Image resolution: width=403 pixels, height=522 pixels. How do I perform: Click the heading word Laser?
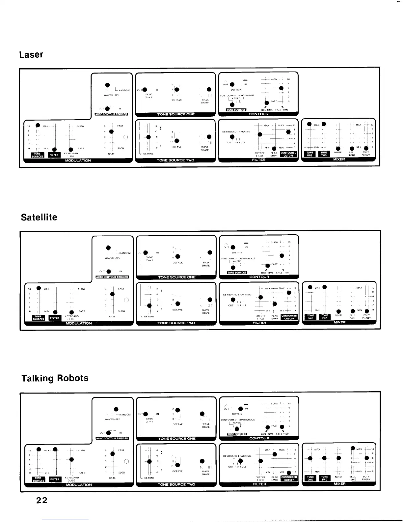point(31,55)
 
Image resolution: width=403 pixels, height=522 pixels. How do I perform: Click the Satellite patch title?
point(39,217)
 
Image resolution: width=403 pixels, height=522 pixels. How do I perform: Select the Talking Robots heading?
point(55,378)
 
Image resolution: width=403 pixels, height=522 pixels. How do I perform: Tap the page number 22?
point(42,500)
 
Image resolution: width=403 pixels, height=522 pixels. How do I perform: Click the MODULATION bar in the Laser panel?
point(78,160)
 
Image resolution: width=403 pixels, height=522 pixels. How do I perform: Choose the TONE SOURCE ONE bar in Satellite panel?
point(177,277)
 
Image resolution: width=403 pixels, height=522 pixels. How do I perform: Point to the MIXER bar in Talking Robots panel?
point(339,484)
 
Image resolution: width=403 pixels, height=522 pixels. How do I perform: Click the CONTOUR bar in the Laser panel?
point(258,114)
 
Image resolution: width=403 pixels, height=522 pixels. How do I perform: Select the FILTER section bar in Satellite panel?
point(259,323)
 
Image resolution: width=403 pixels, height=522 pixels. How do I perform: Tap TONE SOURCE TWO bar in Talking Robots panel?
point(176,484)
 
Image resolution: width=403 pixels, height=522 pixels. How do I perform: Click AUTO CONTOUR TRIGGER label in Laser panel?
point(111,114)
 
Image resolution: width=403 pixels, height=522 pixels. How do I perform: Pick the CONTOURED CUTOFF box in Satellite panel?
point(289,317)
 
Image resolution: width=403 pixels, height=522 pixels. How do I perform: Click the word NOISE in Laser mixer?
point(338,153)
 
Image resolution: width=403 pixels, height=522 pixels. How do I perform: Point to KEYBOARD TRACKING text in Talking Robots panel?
point(237,456)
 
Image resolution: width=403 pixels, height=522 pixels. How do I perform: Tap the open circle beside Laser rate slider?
point(125,137)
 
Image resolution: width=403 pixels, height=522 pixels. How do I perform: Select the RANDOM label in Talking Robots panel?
point(125,415)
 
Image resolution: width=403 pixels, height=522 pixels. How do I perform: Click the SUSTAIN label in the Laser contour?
point(236,90)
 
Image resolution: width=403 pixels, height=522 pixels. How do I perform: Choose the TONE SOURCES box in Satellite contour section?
point(237,273)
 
